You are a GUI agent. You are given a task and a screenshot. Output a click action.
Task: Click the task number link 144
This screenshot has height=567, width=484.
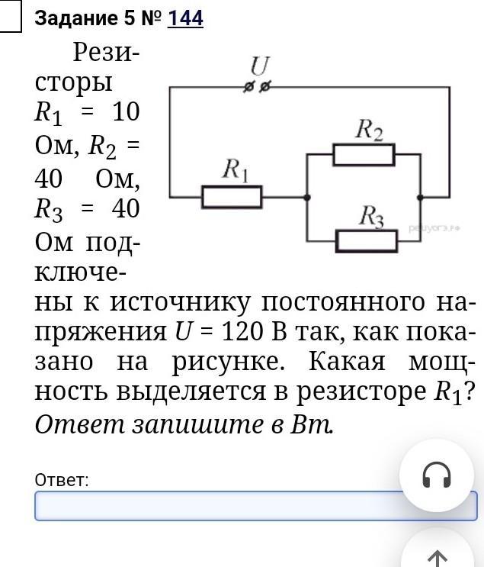tap(185, 18)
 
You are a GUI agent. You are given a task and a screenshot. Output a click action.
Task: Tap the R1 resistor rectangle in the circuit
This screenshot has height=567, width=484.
tap(232, 198)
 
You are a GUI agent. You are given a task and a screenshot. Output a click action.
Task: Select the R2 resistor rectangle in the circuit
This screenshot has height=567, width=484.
tap(364, 155)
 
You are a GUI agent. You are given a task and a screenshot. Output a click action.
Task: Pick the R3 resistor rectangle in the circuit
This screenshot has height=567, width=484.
tap(367, 241)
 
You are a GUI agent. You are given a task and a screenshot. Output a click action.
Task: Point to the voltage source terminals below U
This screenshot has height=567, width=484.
tap(257, 88)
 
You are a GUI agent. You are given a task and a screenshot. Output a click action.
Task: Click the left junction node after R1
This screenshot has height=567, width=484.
tap(307, 198)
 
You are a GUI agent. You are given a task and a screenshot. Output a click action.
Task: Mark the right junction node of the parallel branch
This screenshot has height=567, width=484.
tap(420, 198)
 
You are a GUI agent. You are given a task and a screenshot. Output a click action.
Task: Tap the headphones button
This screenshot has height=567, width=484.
tap(437, 475)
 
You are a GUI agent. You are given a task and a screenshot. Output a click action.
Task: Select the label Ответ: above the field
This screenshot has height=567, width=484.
tap(62, 480)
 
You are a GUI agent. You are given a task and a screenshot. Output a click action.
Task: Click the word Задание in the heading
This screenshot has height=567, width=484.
tap(72, 18)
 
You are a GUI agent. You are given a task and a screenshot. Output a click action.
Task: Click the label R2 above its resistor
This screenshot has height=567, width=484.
tap(369, 130)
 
